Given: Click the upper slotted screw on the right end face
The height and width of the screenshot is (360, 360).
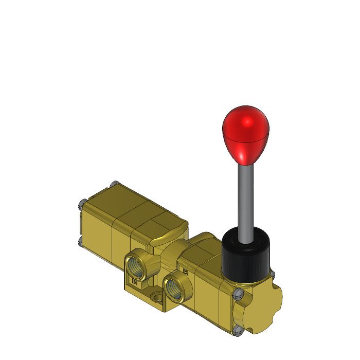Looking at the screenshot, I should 237,295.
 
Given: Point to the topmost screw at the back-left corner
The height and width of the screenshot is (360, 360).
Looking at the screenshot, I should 113,184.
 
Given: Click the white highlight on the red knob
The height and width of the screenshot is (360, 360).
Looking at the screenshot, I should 247,122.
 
